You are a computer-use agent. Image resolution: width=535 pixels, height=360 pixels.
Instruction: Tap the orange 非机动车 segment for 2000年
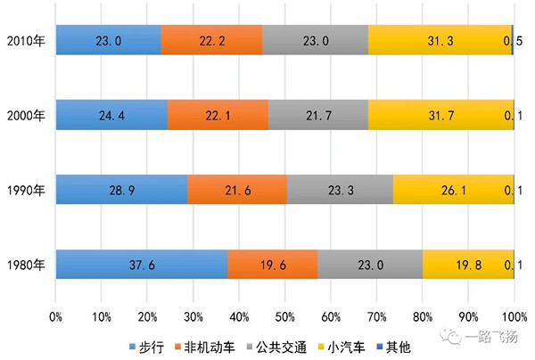[218, 115]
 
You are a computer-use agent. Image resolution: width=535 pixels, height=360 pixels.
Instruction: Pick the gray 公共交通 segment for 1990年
[340, 190]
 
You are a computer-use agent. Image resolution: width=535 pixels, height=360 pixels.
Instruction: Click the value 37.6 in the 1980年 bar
[142, 265]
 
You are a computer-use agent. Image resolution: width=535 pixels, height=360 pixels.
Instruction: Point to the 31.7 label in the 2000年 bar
[441, 115]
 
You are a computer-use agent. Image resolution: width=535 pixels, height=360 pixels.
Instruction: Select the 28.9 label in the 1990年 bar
[122, 190]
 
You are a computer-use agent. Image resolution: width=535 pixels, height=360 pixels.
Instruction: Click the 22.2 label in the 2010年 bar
[211, 40]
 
